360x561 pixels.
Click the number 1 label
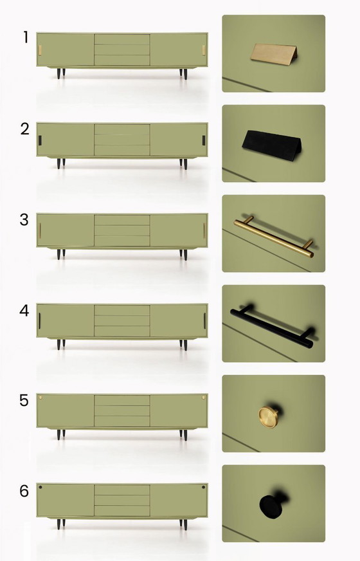(26, 37)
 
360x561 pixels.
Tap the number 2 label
(25, 129)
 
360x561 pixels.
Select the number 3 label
(24, 219)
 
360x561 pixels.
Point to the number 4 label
(24, 310)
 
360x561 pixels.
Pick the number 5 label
(24, 400)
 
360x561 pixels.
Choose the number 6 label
(24, 492)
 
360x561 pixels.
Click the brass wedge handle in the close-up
(273, 54)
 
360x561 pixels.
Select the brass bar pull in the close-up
(273, 235)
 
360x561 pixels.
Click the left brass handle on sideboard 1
(40, 50)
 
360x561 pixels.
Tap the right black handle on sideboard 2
(204, 140)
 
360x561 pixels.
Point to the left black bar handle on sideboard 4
(40, 320)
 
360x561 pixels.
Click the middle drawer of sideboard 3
(122, 230)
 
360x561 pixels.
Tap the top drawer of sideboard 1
(122, 39)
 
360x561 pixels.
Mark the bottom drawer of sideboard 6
(122, 511)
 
